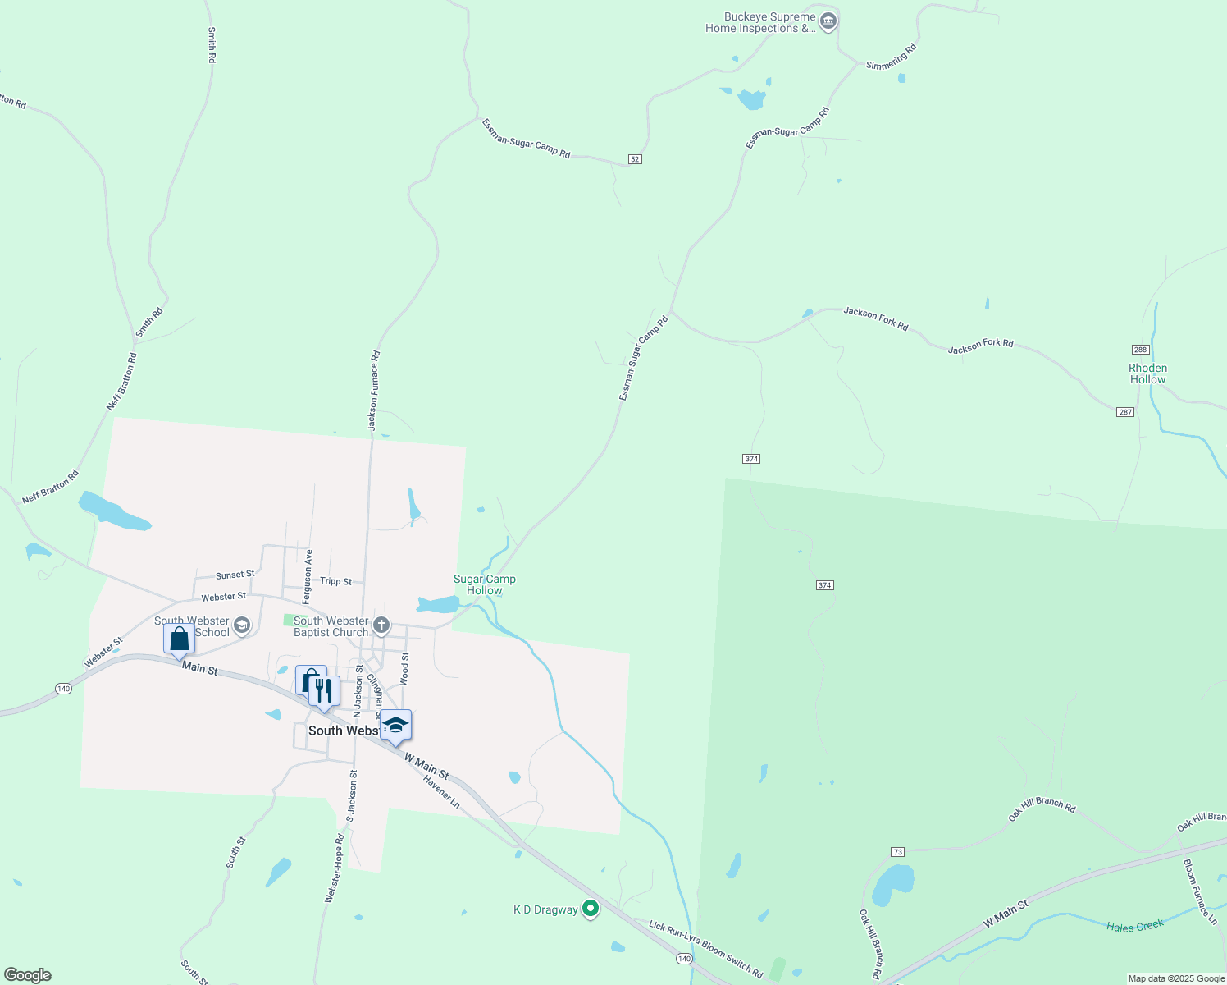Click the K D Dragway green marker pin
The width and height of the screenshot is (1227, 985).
[590, 909]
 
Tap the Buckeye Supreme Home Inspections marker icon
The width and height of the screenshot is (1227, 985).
[828, 21]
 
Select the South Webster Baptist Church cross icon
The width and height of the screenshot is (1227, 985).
[381, 626]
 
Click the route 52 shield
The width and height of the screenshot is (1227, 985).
[635, 158]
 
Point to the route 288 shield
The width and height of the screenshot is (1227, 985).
[1140, 350]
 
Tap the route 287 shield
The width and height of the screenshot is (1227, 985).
[1125, 412]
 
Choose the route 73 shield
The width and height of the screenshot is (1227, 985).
[898, 852]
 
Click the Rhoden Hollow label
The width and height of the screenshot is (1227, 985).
[1147, 374]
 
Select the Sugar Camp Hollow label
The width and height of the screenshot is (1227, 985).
[485, 584]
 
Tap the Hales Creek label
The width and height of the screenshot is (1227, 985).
[1135, 927]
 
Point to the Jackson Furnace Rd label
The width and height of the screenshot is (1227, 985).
[374, 391]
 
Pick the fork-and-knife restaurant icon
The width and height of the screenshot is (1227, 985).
[325, 690]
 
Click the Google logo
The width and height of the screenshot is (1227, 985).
[28, 975]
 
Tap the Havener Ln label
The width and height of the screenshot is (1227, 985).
[442, 792]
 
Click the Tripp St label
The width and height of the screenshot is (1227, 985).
[335, 581]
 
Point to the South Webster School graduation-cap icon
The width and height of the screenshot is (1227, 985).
[241, 626]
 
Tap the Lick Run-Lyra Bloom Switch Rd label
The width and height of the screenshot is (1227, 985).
[706, 949]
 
